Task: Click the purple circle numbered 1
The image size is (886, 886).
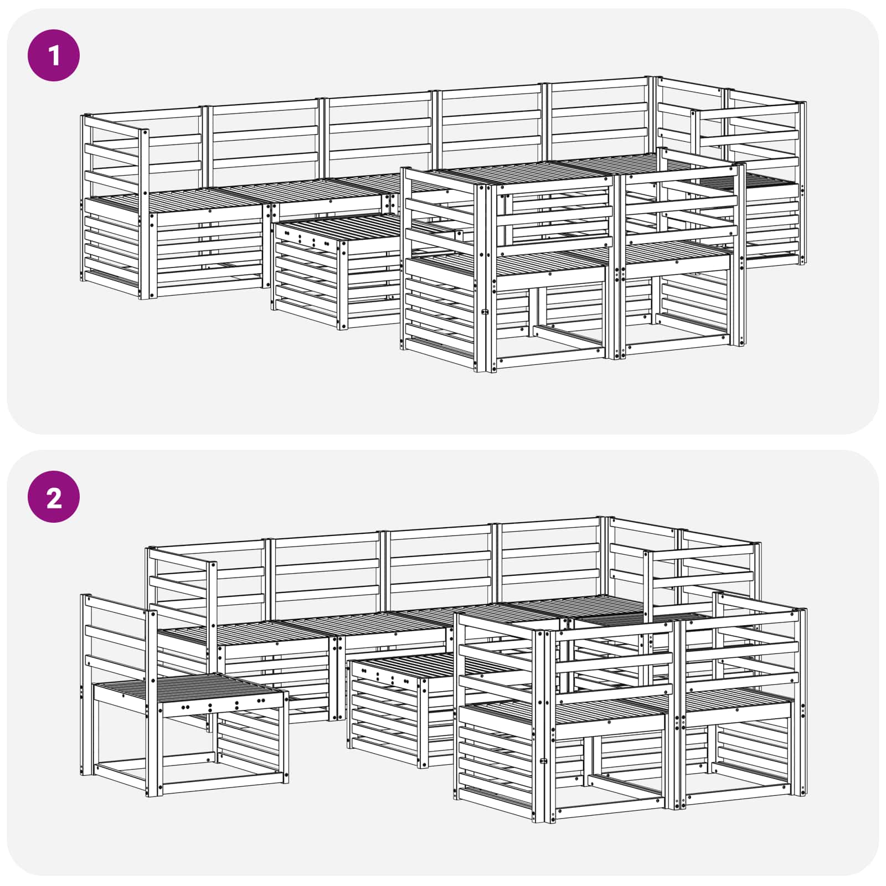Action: coord(54,56)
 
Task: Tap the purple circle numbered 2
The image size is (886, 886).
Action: coord(54,497)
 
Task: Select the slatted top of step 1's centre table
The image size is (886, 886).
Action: coord(338,227)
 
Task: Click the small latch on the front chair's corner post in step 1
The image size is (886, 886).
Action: coord(486,312)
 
